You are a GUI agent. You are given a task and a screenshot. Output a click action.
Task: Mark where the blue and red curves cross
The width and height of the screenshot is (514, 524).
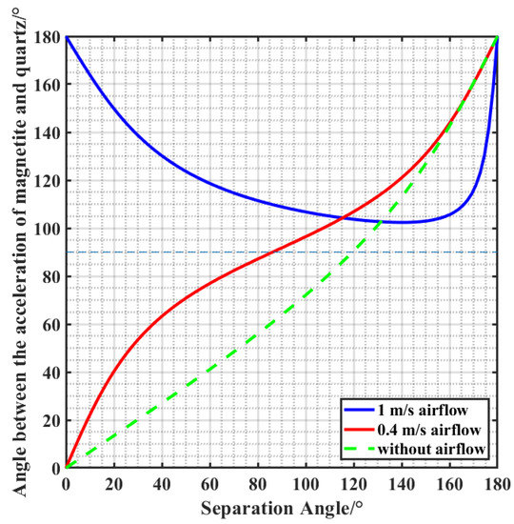[344, 217]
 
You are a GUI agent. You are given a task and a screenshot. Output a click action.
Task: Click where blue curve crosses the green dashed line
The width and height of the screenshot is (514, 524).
[381, 221]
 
